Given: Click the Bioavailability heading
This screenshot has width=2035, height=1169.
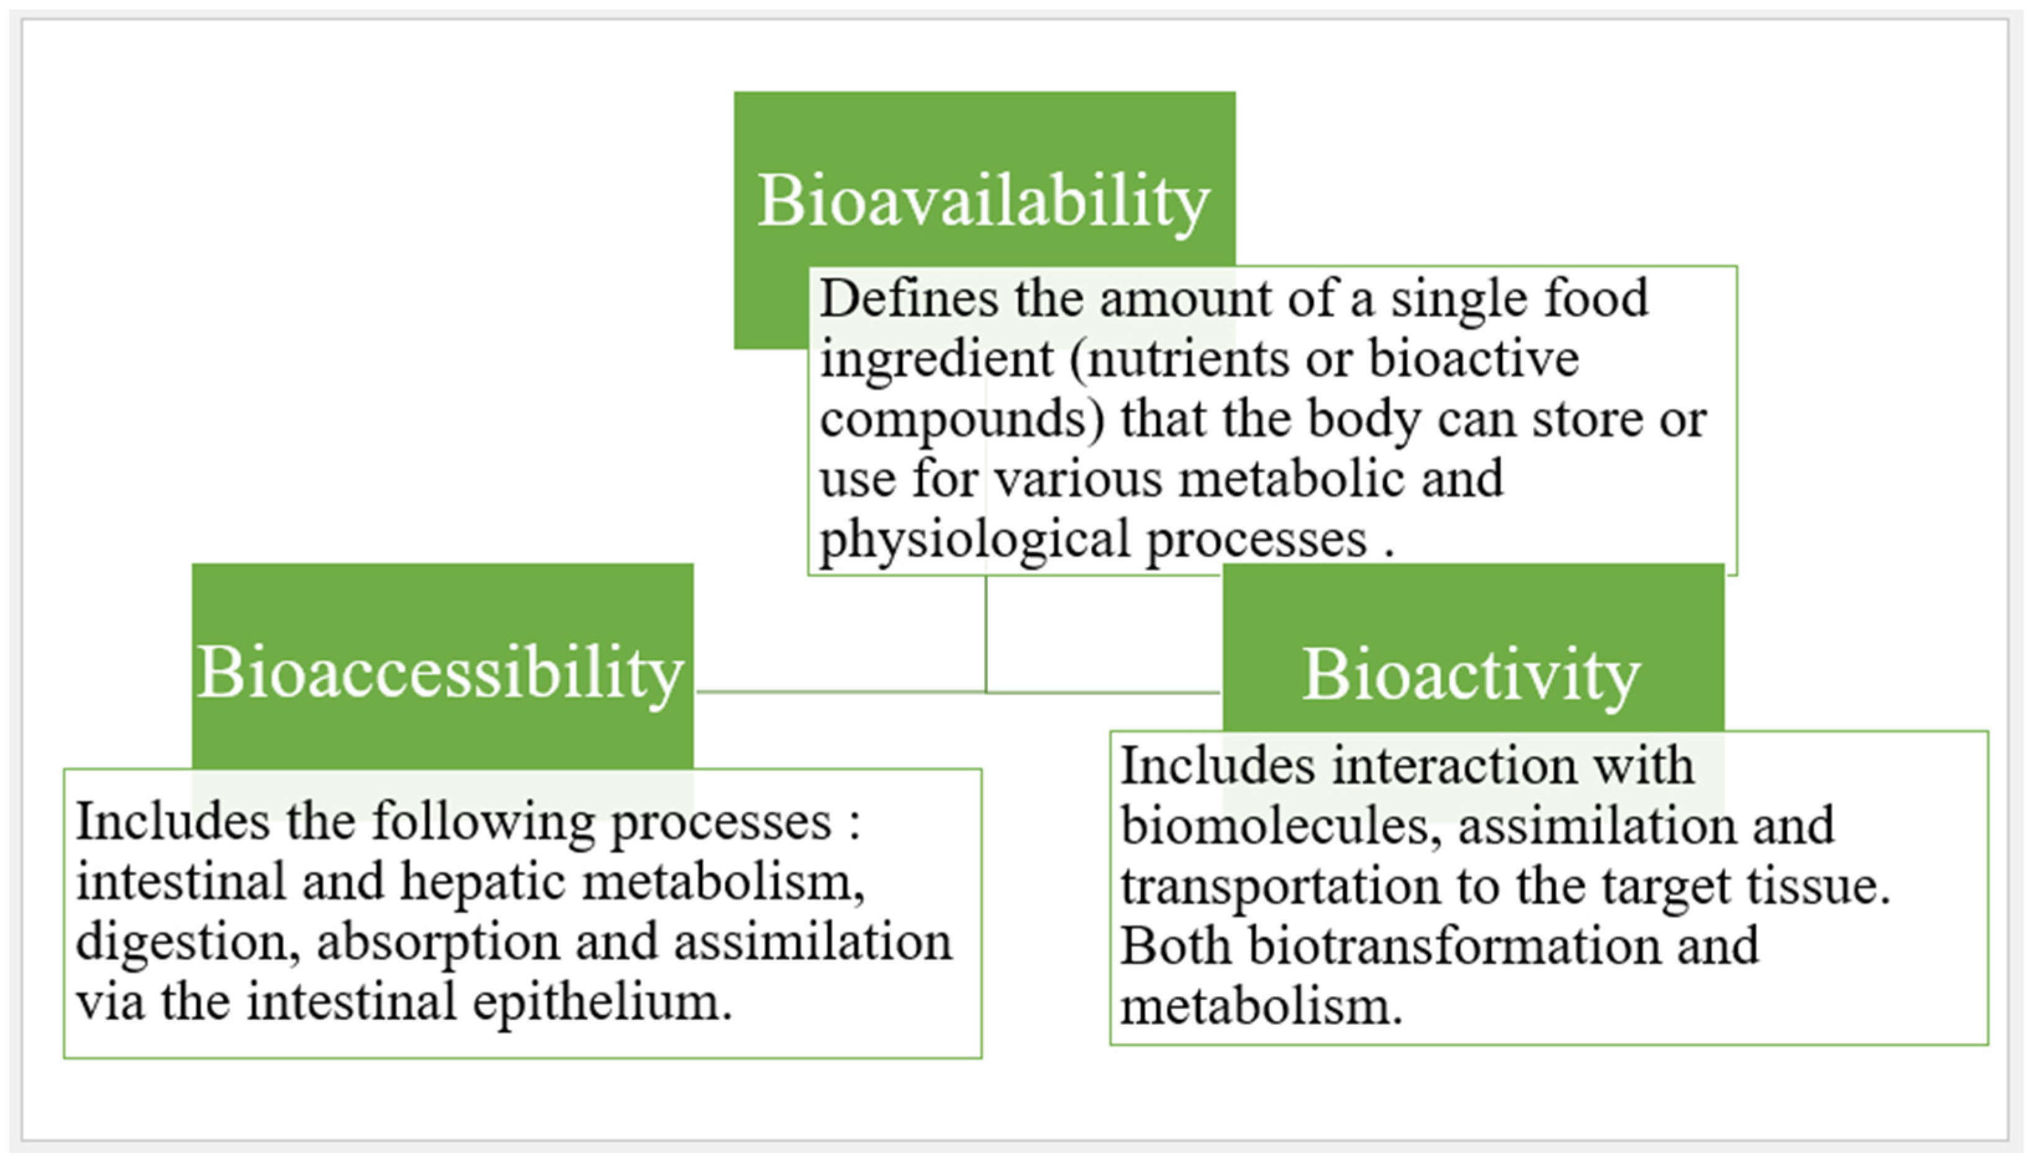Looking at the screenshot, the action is click(984, 201).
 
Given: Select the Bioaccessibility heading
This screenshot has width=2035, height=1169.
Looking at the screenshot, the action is click(440, 673).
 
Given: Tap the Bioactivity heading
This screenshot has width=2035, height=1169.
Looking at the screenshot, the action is click(1471, 675).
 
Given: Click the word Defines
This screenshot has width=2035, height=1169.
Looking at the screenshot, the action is click(909, 298).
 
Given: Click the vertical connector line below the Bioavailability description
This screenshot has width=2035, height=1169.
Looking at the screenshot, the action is click(986, 634).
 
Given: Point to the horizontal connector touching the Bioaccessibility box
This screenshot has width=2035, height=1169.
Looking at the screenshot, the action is click(840, 691).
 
